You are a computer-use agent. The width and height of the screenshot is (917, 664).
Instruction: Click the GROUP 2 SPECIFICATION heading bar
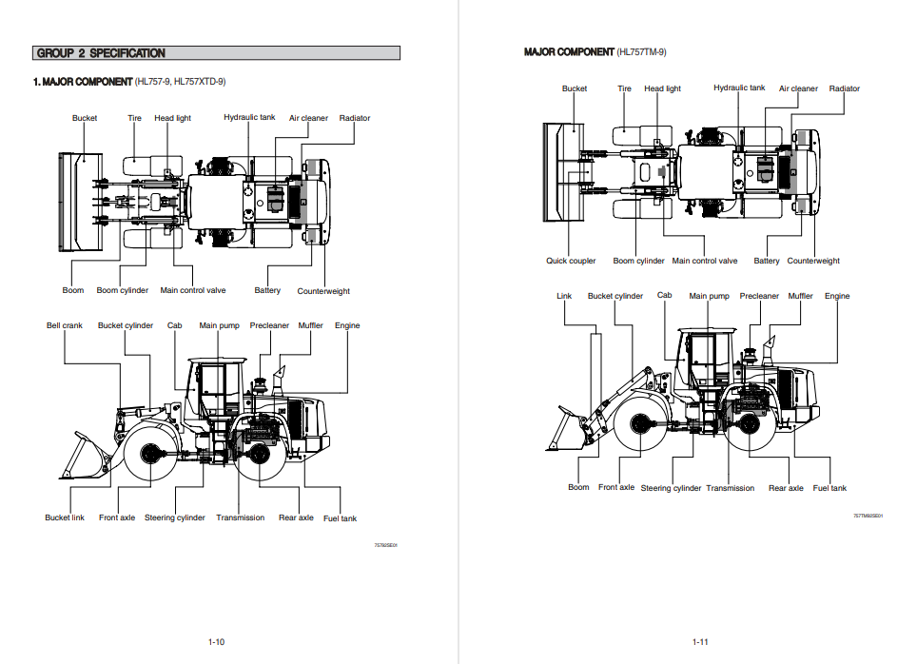pyautogui.click(x=216, y=53)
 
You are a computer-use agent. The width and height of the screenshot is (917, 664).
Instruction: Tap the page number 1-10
pyautogui.click(x=216, y=642)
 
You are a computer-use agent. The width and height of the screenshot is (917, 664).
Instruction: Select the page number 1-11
pyautogui.click(x=700, y=642)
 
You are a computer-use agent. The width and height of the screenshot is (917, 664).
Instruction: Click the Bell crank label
pyautogui.click(x=65, y=325)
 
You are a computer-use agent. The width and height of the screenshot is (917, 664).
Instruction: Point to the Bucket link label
pyautogui.click(x=65, y=518)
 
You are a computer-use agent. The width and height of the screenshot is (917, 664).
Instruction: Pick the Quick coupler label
pyautogui.click(x=571, y=261)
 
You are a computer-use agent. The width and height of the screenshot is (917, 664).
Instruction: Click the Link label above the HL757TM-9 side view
pyautogui.click(x=564, y=296)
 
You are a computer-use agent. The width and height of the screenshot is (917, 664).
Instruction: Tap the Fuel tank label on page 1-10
pyautogui.click(x=340, y=518)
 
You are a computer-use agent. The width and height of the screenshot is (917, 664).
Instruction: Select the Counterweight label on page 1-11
pyautogui.click(x=813, y=261)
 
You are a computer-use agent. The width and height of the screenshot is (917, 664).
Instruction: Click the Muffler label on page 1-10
pyautogui.click(x=310, y=325)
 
